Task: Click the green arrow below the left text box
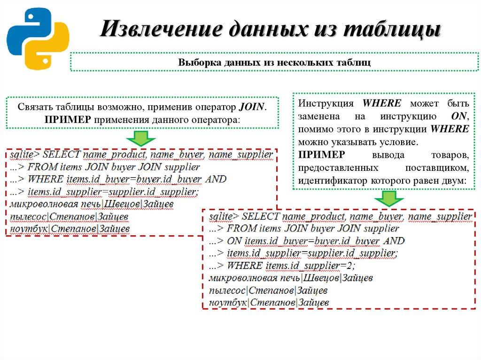click(140, 138)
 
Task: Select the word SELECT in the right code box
click(261, 216)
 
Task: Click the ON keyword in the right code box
click(233, 241)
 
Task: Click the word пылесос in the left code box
click(28, 216)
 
